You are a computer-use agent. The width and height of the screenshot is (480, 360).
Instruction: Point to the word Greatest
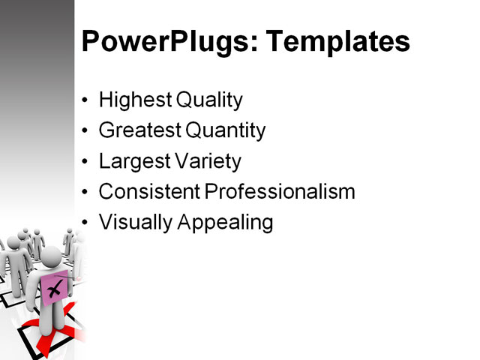(138, 131)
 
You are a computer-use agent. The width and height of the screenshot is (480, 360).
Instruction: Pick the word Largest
(132, 161)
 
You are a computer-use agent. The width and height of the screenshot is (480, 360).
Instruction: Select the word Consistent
(148, 192)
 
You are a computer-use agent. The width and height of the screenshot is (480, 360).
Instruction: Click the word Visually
(134, 223)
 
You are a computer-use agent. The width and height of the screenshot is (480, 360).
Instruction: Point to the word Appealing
(224, 223)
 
